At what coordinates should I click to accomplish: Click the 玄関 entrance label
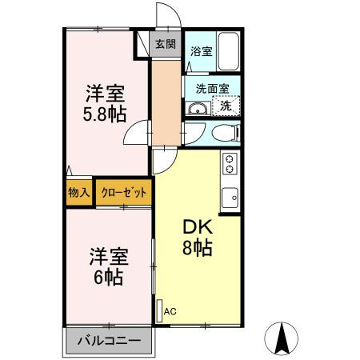tap(165, 44)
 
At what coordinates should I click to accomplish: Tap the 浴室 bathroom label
tap(201, 52)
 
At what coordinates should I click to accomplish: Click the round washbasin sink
tap(197, 108)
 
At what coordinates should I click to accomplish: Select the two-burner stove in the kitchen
tap(230, 164)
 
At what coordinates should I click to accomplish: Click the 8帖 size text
tap(198, 248)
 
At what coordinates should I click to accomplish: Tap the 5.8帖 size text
tap(105, 113)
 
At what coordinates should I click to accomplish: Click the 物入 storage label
tap(78, 193)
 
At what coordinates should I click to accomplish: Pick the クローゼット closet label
tap(123, 193)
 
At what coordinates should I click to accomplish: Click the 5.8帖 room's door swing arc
tap(141, 132)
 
